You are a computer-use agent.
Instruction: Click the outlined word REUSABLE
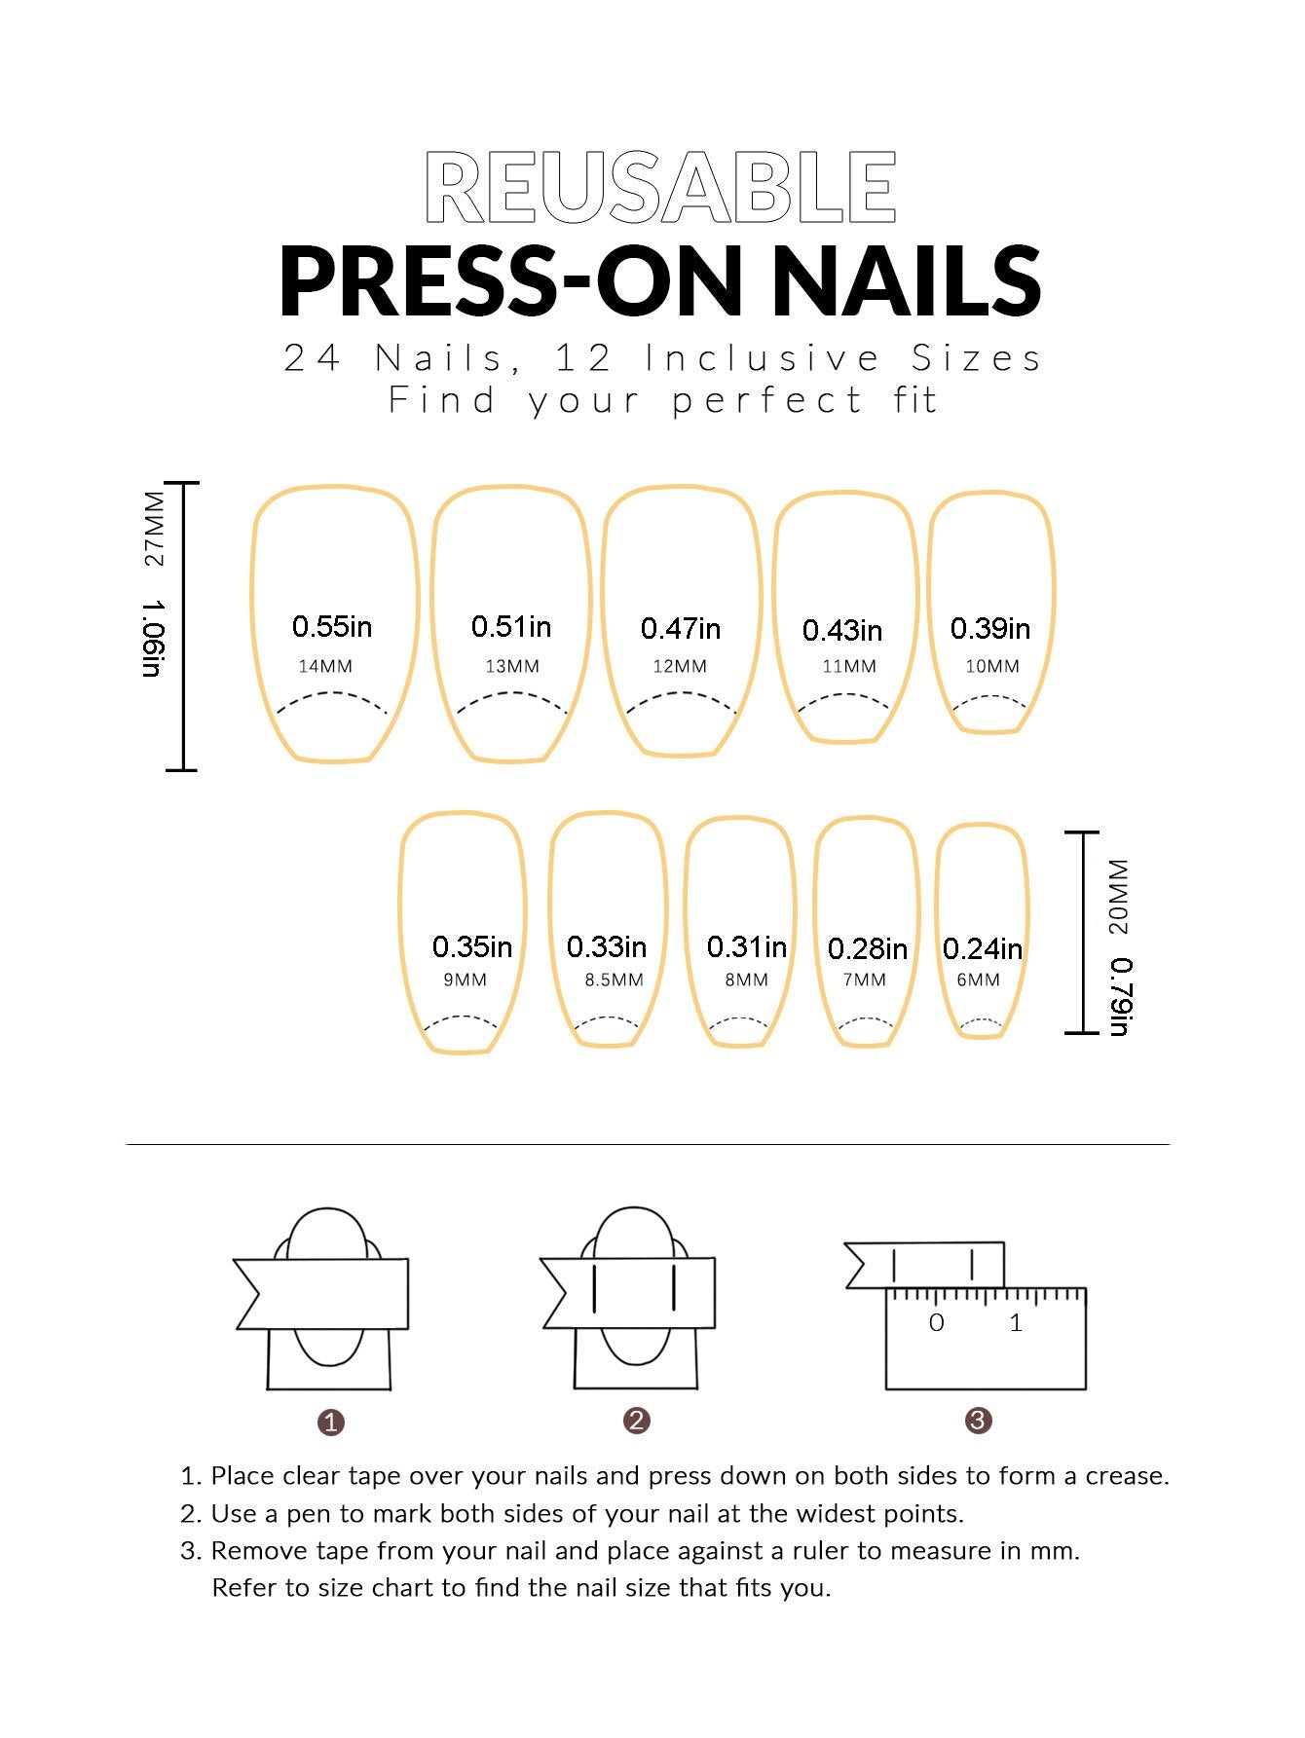660,187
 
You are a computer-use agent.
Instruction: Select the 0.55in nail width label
332,626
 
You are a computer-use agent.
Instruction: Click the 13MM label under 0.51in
512,667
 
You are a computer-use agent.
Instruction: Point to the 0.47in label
681,629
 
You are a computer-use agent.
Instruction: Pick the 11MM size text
849,667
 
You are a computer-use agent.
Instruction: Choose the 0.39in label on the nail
990,629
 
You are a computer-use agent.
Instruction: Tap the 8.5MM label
614,980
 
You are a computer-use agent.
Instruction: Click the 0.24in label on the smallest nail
982,948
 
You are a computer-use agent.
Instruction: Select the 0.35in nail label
472,946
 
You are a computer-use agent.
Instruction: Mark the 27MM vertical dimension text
155,529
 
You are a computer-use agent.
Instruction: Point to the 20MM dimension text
1119,897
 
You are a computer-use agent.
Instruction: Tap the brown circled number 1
331,1423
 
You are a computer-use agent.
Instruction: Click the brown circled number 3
978,1421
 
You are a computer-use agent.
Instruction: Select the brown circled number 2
636,1421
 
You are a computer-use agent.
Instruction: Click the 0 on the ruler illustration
937,1323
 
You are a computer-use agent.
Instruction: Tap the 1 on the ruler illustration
1016,1323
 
